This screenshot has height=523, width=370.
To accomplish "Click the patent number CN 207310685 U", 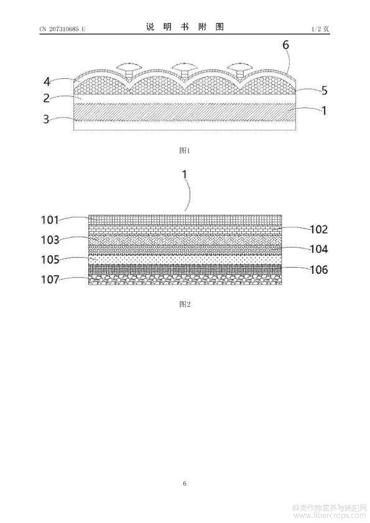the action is [62, 29].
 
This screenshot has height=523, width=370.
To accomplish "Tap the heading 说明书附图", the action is [185, 27].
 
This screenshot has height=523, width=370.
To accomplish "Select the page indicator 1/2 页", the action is [320, 29].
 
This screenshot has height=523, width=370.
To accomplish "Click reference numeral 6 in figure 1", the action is [285, 45].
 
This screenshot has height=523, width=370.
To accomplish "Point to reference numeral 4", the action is [47, 82].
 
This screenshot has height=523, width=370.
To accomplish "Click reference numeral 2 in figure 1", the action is [47, 98].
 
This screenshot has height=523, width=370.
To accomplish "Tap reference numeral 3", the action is [47, 119].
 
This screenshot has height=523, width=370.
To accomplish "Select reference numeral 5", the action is [324, 91].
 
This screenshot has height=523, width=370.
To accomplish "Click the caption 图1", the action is [184, 150].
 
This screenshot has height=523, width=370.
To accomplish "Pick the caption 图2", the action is [185, 304].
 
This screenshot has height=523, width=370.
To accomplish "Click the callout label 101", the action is [50, 220].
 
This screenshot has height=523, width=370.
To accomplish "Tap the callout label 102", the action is [319, 229].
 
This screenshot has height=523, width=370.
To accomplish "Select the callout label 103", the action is [50, 240].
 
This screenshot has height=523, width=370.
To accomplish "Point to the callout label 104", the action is [319, 249].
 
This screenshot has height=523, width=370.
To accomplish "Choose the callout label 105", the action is [50, 260].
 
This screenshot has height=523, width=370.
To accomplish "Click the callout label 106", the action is [319, 269].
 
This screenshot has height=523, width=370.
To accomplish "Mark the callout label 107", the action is [50, 279].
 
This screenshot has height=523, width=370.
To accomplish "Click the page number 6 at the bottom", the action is [185, 483].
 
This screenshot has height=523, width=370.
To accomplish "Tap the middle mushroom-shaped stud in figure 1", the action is [183, 69].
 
